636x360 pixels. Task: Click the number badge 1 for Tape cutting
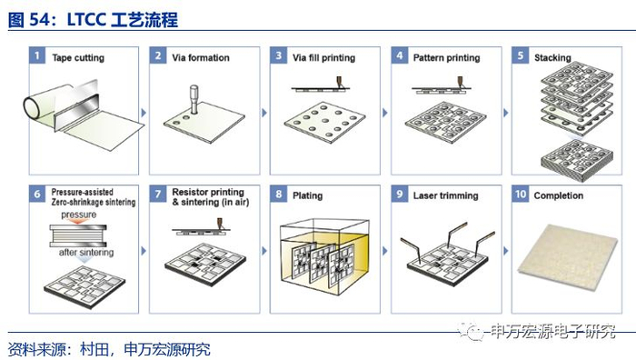coord(37,55)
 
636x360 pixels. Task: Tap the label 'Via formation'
coord(201,57)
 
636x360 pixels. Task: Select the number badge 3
coord(279,55)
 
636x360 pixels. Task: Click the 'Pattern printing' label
coord(447,58)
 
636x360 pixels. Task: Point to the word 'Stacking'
coord(552,57)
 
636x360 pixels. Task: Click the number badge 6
coord(37,194)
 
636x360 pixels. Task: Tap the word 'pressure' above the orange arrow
coord(79,215)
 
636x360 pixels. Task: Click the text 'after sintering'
coord(86,252)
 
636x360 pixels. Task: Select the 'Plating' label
coord(307,195)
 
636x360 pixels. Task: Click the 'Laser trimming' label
coord(446,195)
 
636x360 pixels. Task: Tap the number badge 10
coord(521,194)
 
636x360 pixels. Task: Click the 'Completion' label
coord(559,195)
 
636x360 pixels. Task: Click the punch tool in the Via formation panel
coord(194,99)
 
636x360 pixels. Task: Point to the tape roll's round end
coord(32,107)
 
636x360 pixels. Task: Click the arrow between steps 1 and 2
coord(144,113)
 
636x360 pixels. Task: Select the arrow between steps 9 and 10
coord(506,251)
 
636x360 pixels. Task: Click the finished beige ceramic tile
coord(568,257)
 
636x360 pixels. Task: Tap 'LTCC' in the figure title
coord(86,20)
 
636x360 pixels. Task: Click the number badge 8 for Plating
coord(279,194)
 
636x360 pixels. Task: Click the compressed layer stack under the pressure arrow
coord(78,235)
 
